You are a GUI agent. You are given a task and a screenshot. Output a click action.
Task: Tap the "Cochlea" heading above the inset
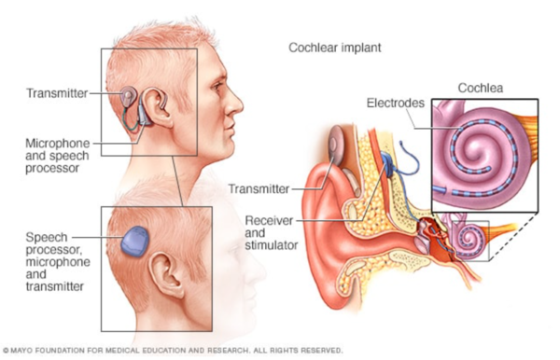click(482, 89)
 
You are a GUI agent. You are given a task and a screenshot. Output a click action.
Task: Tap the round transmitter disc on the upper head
click(129, 98)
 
